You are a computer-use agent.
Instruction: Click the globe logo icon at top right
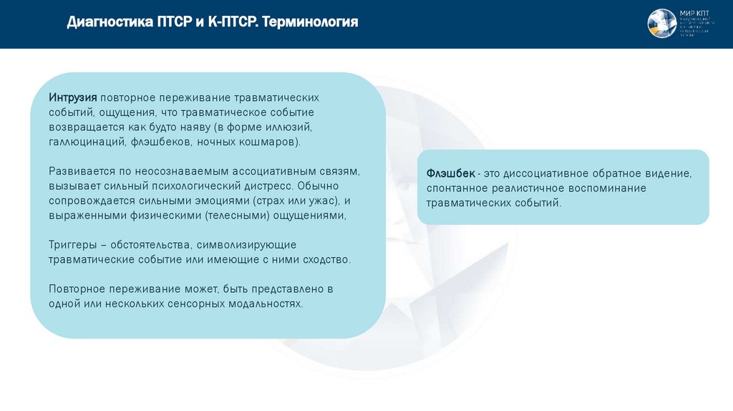(661, 24)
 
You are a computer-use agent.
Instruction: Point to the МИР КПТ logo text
(691, 13)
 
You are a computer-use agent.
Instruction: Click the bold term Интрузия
(73, 97)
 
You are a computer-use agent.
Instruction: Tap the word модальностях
(264, 304)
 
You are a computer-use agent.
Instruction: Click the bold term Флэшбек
(451, 173)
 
